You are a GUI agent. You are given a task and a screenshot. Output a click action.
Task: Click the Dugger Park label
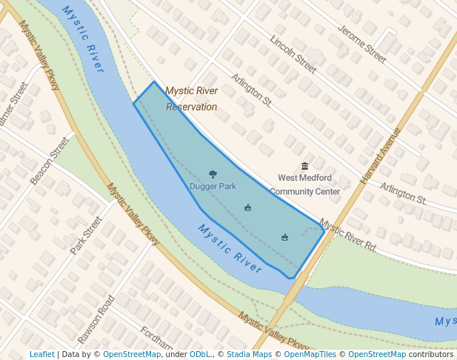[x=213, y=186]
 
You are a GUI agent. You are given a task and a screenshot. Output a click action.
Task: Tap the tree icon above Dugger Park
[x=213, y=175]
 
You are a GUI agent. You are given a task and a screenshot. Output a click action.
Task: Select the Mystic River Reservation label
[x=191, y=99]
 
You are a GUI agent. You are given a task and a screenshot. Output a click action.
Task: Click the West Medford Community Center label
[x=304, y=184]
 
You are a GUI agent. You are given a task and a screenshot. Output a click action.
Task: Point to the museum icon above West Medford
[x=304, y=166]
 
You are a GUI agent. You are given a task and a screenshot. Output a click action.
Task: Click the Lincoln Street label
[x=293, y=55]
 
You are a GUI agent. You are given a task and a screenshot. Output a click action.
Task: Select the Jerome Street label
[x=362, y=44]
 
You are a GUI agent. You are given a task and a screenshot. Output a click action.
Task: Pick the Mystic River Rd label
[x=348, y=236]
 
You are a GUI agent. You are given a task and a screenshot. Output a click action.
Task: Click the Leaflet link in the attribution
[x=41, y=354]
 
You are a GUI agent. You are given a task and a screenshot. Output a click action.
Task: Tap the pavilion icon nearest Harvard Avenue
[x=284, y=237]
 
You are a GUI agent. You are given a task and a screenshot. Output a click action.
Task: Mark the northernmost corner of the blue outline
[x=153, y=81]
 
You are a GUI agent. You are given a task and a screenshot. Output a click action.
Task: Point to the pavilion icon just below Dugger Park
[x=247, y=207]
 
